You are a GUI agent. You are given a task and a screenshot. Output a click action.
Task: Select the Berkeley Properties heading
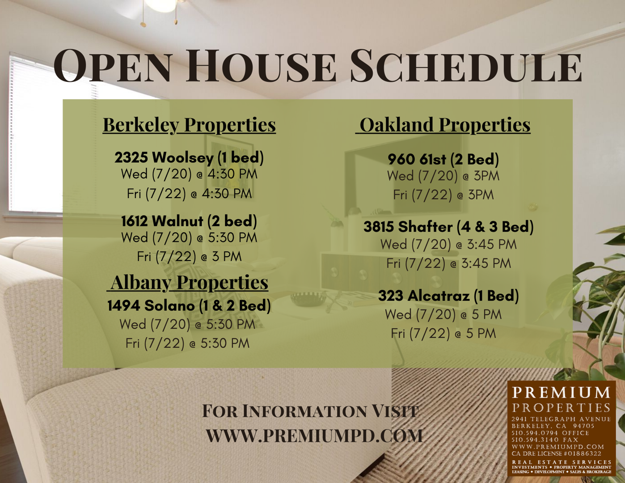click(x=189, y=125)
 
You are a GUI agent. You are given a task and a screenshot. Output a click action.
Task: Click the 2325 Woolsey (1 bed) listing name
click(x=189, y=157)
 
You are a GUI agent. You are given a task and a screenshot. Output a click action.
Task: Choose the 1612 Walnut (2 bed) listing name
click(x=189, y=221)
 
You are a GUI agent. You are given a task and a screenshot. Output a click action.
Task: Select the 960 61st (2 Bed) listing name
click(x=443, y=160)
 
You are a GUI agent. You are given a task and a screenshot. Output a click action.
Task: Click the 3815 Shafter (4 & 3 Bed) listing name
click(x=448, y=227)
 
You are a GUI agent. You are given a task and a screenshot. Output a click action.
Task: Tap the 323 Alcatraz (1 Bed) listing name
click(x=448, y=296)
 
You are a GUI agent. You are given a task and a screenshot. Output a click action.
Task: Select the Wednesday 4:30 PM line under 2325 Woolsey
click(x=189, y=174)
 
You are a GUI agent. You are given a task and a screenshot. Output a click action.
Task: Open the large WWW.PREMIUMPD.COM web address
click(x=314, y=436)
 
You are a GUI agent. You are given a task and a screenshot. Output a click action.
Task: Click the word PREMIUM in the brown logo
click(x=561, y=392)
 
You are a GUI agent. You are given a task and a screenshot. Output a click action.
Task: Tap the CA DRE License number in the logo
click(x=556, y=453)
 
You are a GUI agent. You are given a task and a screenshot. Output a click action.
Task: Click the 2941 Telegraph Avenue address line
click(x=561, y=419)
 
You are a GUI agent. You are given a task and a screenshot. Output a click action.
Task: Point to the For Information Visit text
click(x=310, y=411)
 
